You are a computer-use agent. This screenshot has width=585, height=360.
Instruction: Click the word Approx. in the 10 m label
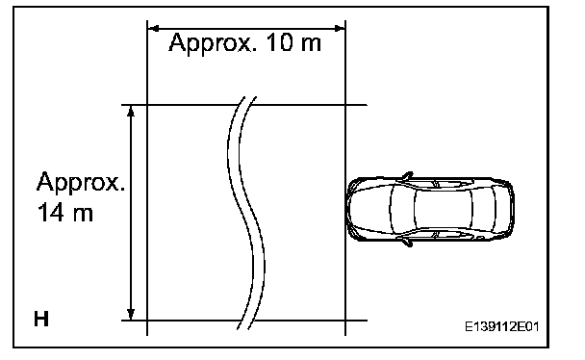[213, 43]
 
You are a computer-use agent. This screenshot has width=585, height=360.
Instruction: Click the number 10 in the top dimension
[280, 41]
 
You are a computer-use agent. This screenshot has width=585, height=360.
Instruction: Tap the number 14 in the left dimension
[51, 213]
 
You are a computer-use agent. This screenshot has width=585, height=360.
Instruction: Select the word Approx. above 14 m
[81, 183]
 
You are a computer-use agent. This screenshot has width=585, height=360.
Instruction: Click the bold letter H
[41, 319]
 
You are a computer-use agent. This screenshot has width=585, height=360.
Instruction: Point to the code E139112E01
[502, 327]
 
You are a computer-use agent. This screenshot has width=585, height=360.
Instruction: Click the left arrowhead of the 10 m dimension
[154, 28]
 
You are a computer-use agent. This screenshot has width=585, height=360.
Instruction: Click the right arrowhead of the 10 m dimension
[340, 28]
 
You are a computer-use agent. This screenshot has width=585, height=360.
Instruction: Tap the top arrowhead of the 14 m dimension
[131, 111]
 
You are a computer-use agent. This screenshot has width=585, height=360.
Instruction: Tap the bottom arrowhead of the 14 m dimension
[131, 314]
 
